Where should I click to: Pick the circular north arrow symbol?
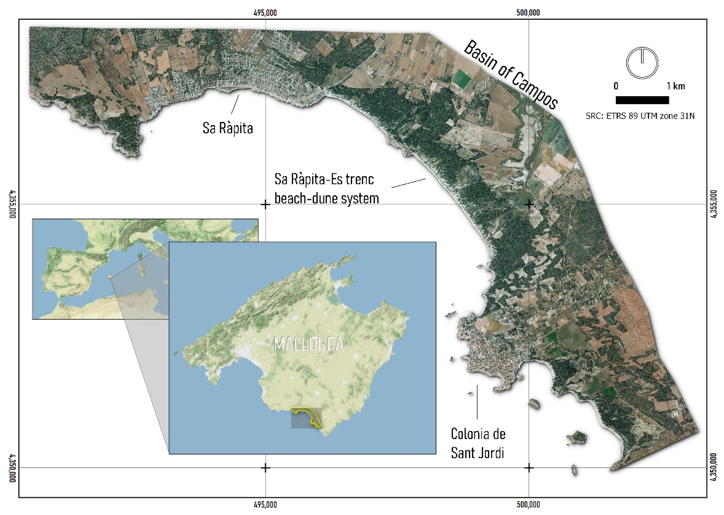coord(642,63)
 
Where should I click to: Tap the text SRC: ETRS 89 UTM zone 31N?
coord(640,116)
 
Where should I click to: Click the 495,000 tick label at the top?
coord(265,13)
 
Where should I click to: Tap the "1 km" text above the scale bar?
coord(676,86)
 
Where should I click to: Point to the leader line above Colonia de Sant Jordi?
coord(477,402)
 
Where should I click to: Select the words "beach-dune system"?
coord(327,198)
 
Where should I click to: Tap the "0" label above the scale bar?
coord(616,86)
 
